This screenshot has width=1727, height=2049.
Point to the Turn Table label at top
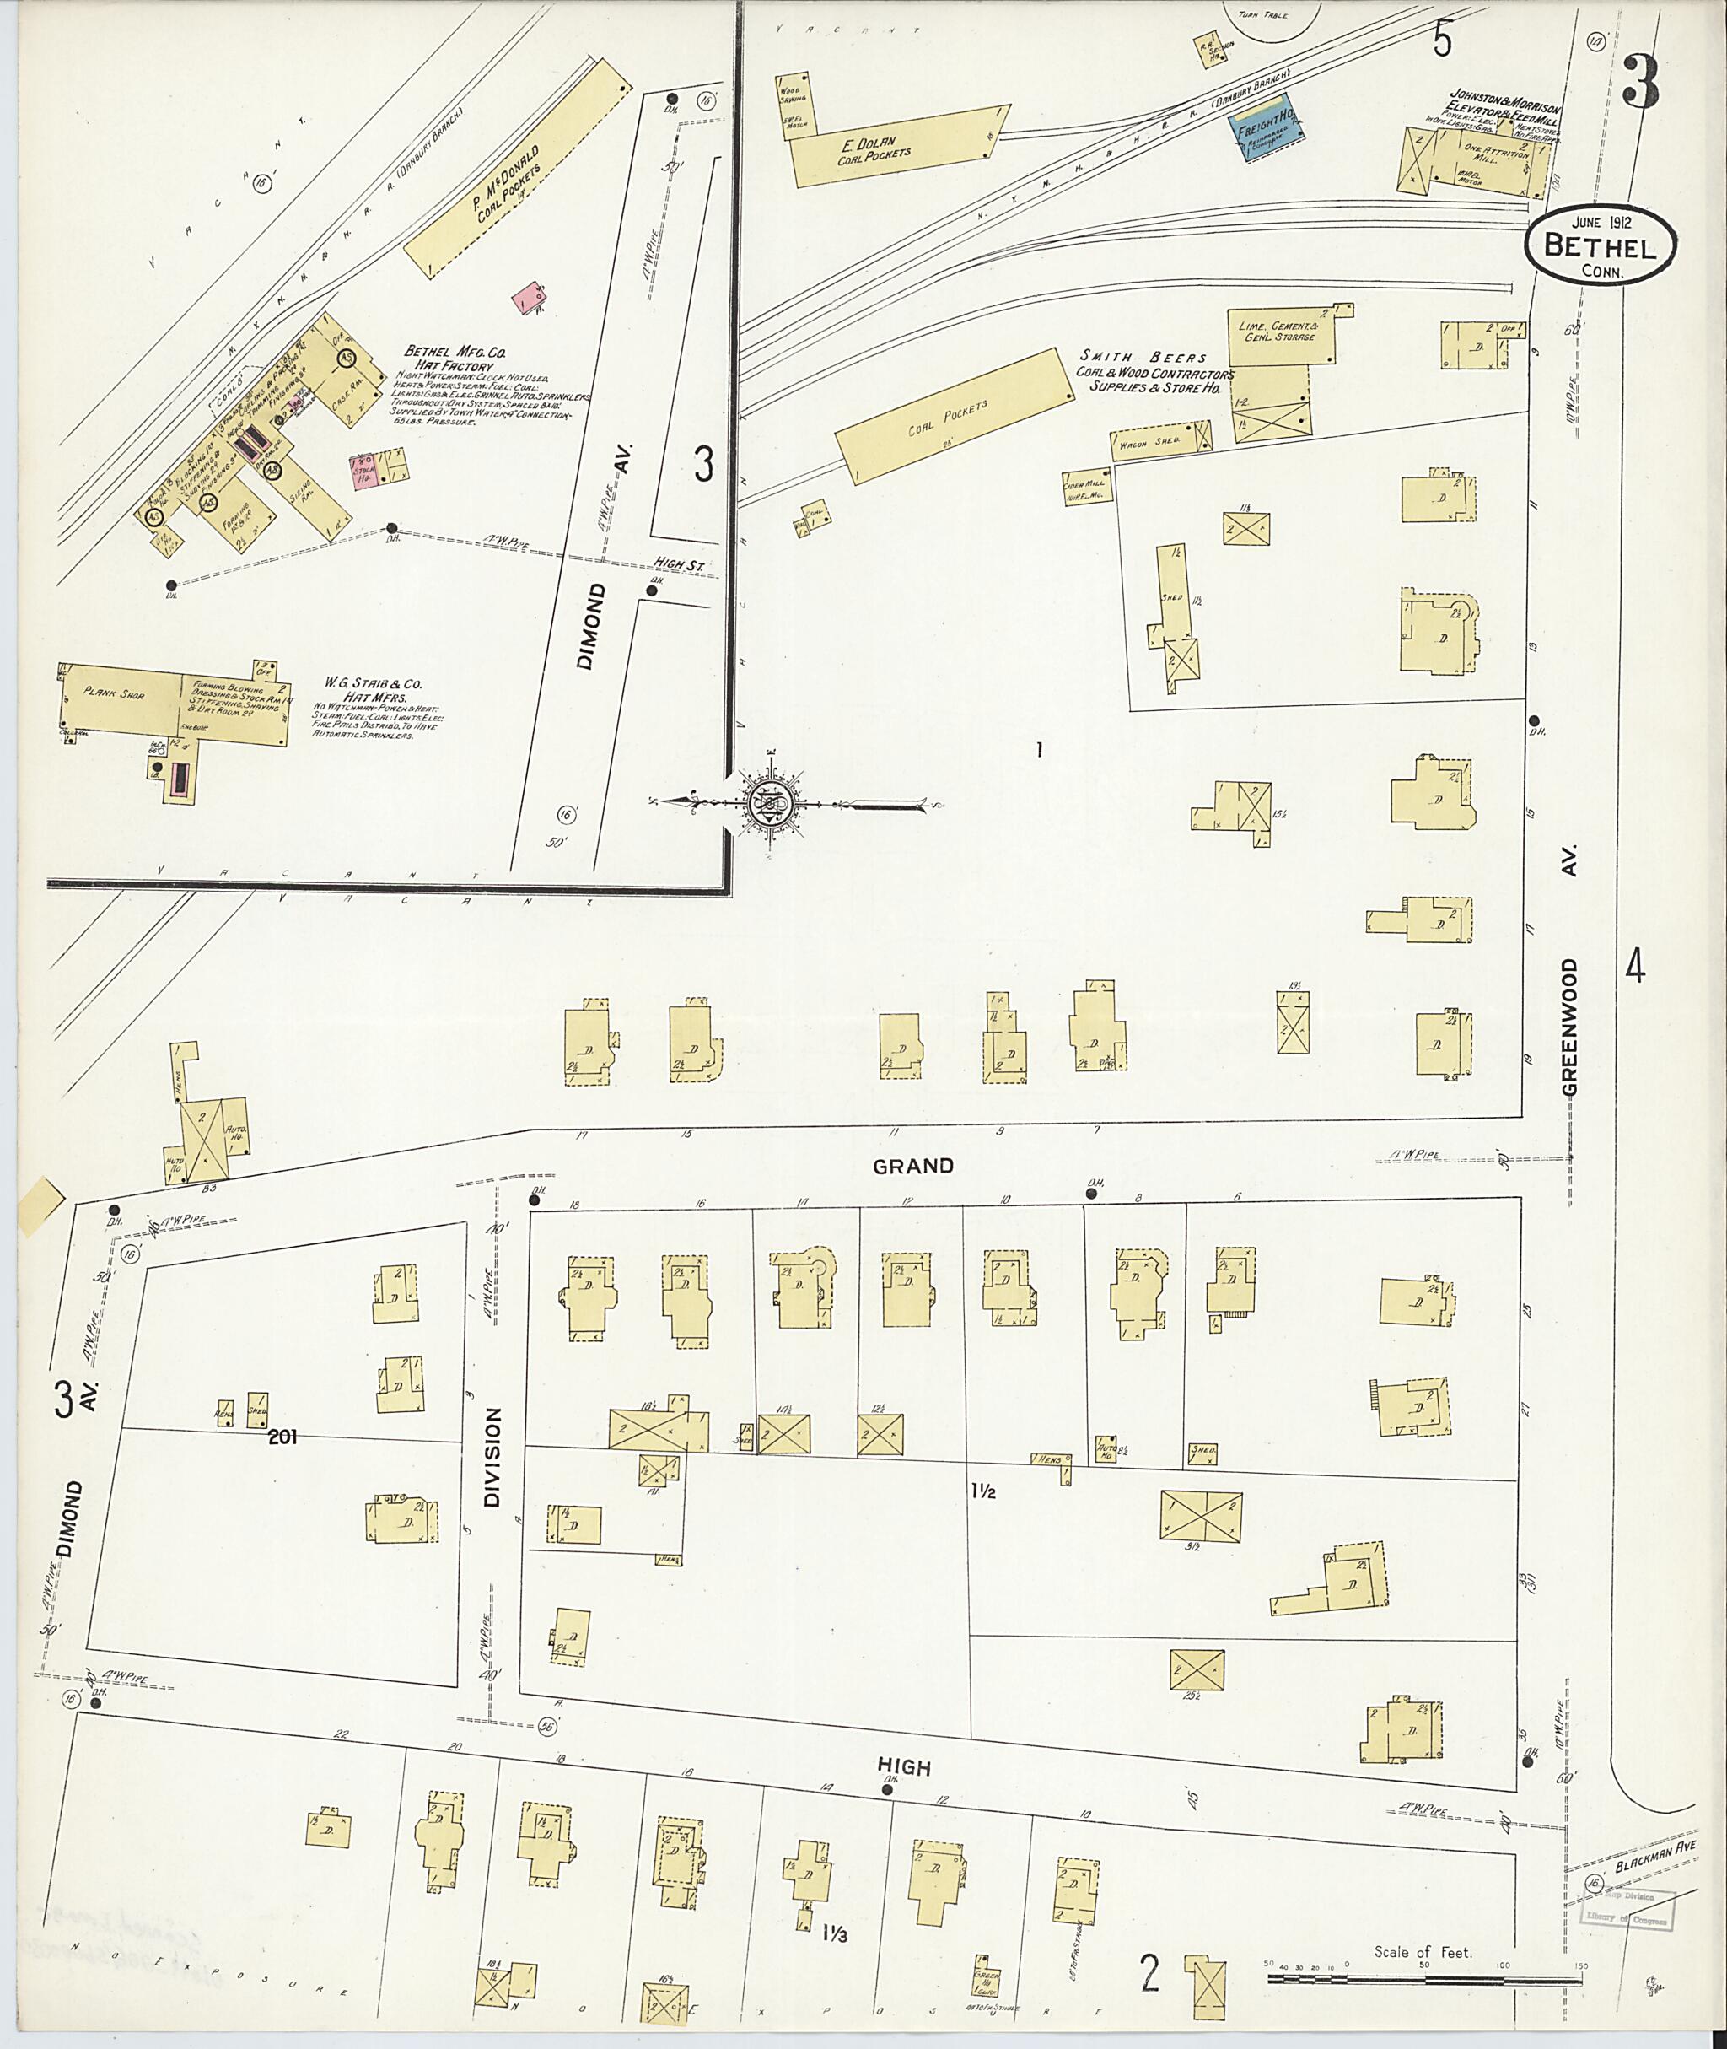tap(1262, 14)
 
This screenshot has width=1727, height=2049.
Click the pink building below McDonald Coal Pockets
tap(530, 297)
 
